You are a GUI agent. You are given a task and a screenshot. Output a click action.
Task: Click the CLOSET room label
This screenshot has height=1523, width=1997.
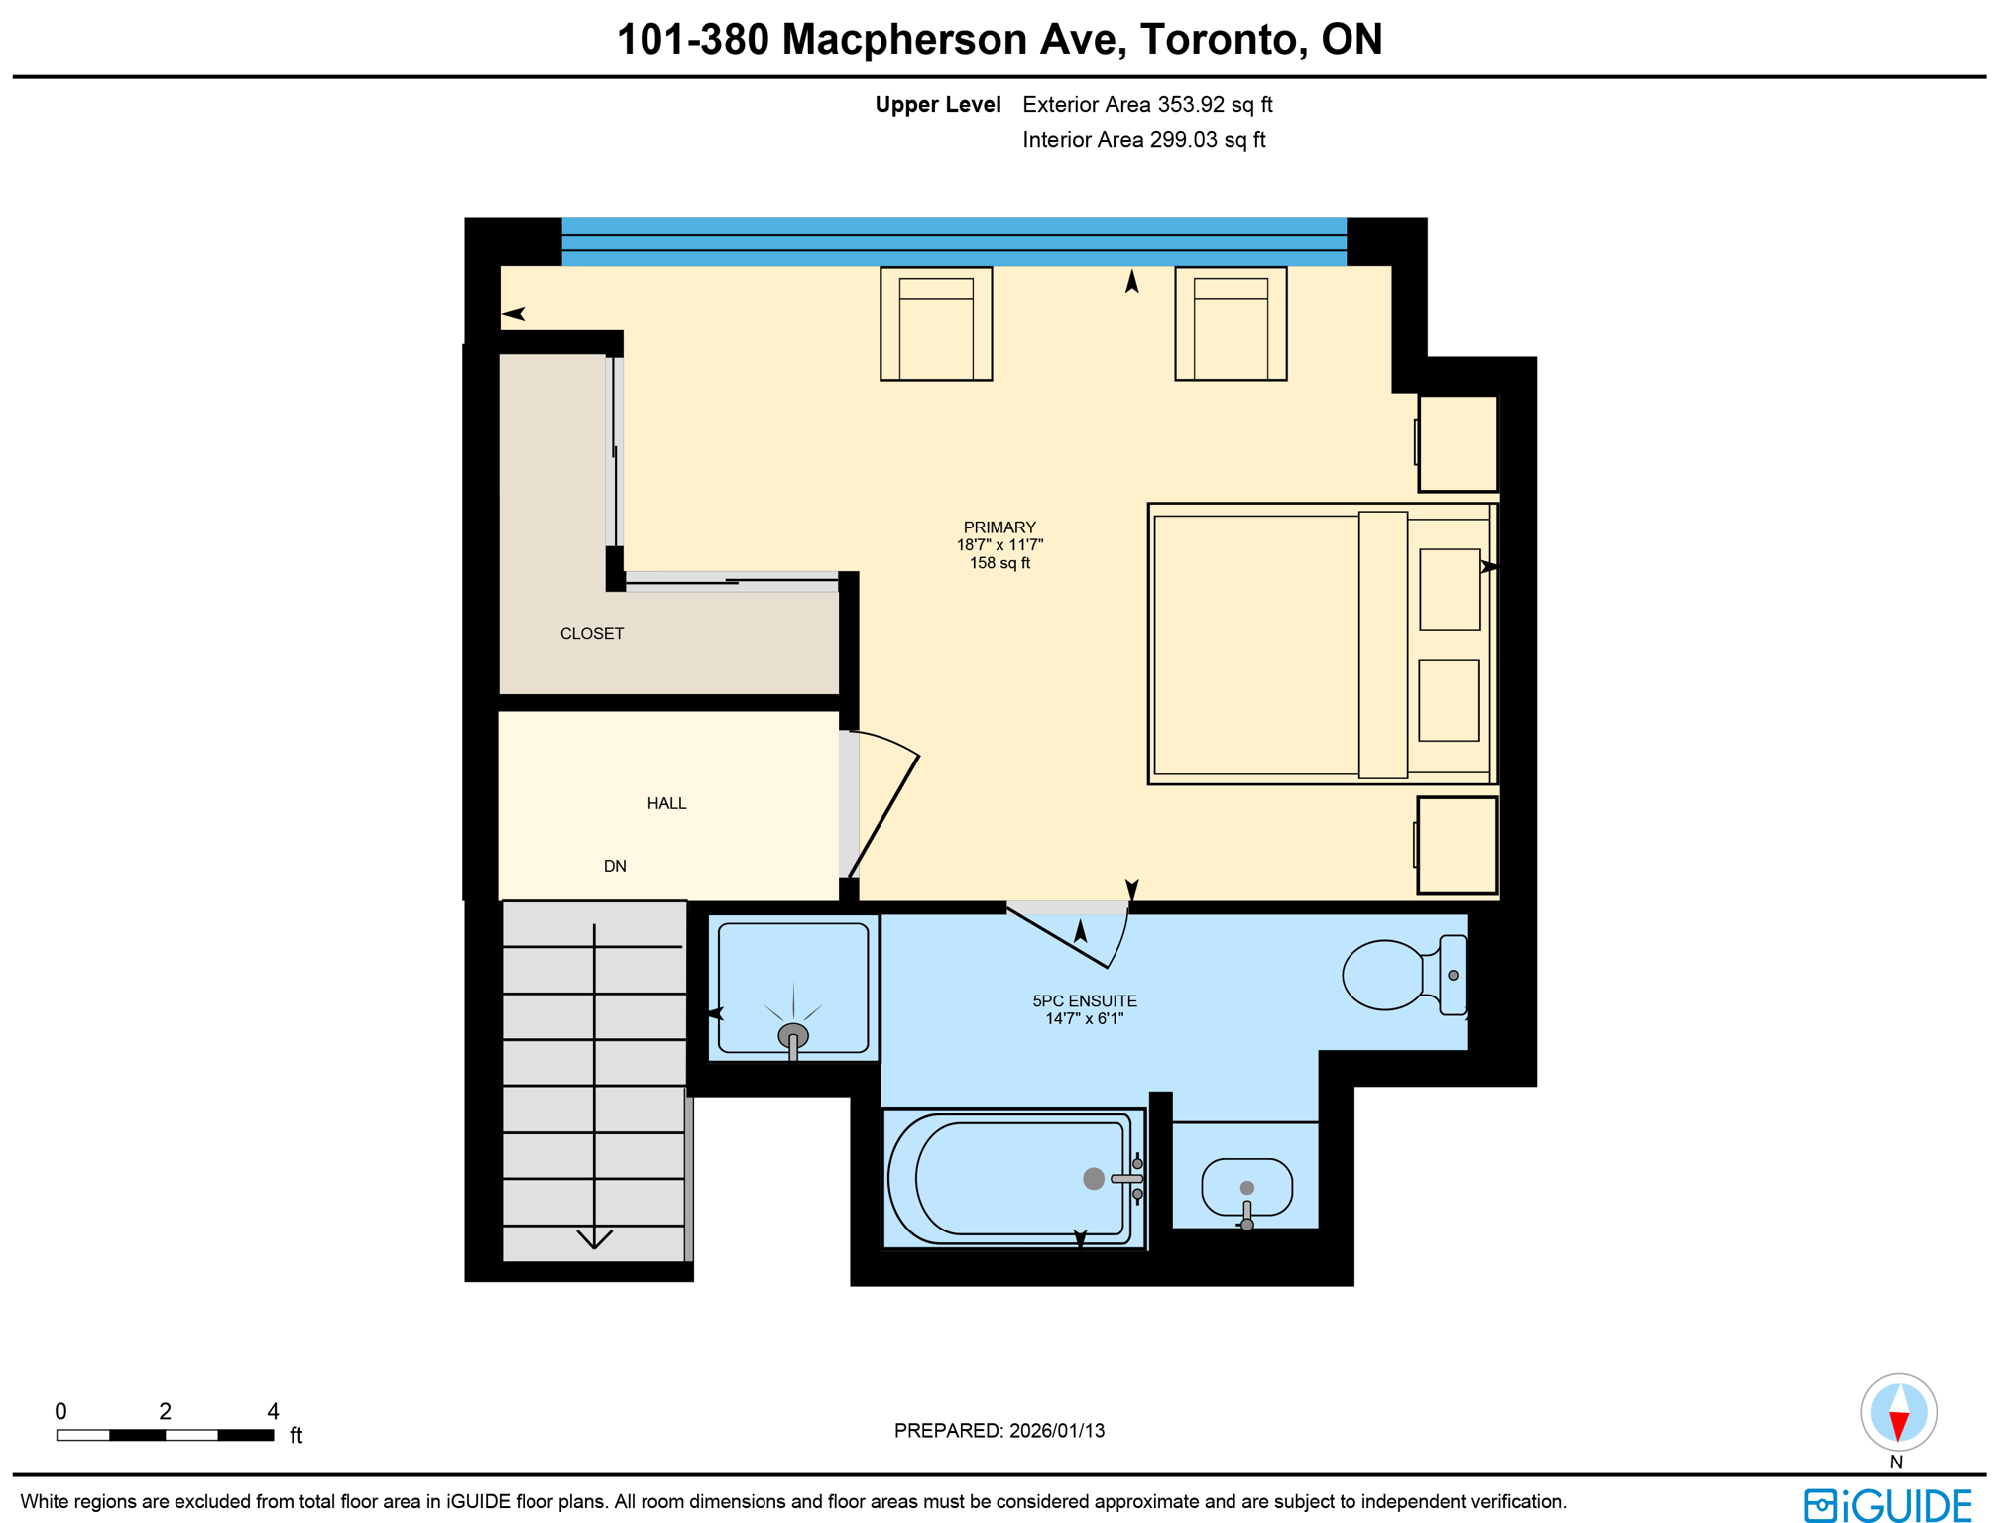(x=591, y=633)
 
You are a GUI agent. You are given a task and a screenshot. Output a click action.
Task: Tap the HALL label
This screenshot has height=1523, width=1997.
(x=666, y=803)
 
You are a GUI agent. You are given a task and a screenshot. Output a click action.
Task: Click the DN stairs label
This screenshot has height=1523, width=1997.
(x=614, y=866)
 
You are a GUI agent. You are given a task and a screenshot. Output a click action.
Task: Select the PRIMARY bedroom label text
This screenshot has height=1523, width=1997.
(x=998, y=527)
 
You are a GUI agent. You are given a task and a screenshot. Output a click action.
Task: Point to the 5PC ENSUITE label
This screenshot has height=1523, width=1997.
(x=1084, y=1001)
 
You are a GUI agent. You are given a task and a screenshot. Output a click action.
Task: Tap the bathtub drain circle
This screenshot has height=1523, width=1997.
(x=1093, y=1178)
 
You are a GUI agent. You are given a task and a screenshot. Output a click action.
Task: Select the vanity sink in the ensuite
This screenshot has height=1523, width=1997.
(x=1246, y=1187)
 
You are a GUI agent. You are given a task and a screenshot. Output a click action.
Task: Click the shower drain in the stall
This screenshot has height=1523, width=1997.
(x=792, y=1036)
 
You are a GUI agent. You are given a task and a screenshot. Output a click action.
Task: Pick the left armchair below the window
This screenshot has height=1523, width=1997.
(x=935, y=323)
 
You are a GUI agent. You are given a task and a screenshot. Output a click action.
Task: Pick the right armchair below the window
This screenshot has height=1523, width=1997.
(x=1230, y=323)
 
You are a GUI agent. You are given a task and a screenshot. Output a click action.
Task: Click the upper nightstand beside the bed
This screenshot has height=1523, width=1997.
(x=1457, y=442)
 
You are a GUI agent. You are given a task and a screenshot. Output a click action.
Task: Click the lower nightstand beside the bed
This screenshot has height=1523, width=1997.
(x=1456, y=845)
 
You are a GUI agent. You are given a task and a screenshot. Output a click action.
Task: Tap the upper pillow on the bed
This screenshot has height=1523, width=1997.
(x=1449, y=589)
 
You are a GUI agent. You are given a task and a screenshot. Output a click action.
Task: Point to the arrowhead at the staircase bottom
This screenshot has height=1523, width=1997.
(x=594, y=1239)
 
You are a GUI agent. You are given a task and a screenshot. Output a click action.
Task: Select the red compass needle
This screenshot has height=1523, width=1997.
(x=1898, y=1425)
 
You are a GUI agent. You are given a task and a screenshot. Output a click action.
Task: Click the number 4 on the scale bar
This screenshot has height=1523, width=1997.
(x=273, y=1410)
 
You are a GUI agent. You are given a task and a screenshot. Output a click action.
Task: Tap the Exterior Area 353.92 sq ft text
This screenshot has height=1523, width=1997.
(x=1146, y=105)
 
